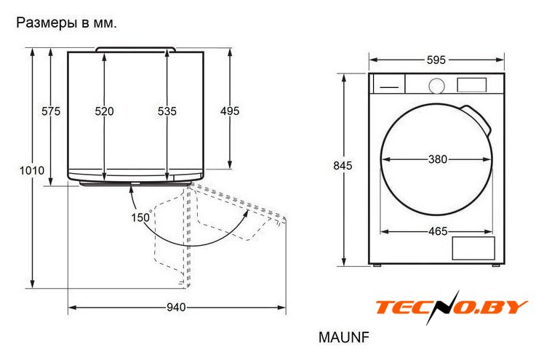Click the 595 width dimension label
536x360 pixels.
click(x=436, y=60)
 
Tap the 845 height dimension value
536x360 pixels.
click(x=343, y=166)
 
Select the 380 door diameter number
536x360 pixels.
click(x=438, y=159)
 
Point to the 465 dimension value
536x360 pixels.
click(x=438, y=231)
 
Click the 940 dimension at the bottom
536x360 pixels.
click(x=177, y=308)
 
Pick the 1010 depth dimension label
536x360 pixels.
click(x=32, y=170)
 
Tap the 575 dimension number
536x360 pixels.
click(x=51, y=111)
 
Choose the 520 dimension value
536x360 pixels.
click(x=104, y=111)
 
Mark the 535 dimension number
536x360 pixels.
click(x=167, y=111)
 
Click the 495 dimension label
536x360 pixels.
click(x=230, y=111)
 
